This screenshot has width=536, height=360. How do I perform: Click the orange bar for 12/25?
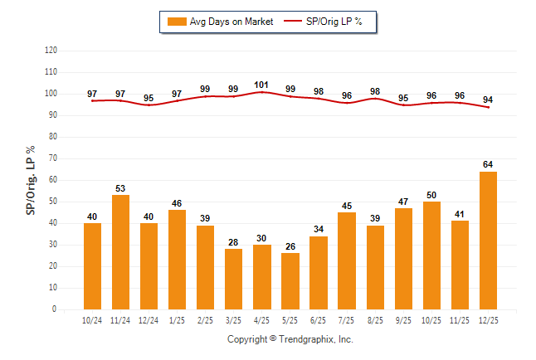tap(488, 241)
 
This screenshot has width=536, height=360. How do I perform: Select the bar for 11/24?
tap(120, 252)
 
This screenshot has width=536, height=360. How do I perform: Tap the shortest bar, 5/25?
tap(290, 281)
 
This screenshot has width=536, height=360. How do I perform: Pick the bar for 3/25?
tap(233, 279)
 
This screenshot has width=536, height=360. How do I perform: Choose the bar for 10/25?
tap(431, 255)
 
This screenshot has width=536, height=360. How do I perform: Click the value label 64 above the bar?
tap(488, 164)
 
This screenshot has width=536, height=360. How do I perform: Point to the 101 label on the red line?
tap(261, 84)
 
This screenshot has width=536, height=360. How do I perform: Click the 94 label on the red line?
tap(488, 99)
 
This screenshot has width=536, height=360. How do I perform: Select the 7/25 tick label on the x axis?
tap(347, 320)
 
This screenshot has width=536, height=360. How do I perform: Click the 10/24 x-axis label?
tap(92, 320)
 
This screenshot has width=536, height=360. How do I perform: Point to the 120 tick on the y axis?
tap(51, 51)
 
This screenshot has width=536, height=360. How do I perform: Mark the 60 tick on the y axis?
tap(53, 180)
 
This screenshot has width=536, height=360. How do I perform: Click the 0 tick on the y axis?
tap(55, 309)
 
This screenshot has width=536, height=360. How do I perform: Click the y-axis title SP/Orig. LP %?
tap(31, 179)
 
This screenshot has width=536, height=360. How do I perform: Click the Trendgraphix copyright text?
tap(290, 339)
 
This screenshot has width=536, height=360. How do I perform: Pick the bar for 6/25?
tap(319, 273)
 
